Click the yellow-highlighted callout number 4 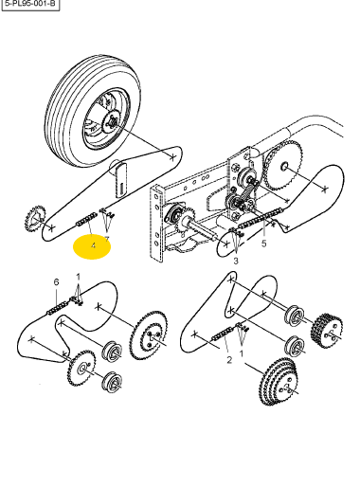tap(93, 245)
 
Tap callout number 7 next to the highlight tap(107, 239)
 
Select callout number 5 tap(263, 244)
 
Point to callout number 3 tap(236, 261)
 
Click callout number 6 tap(56, 281)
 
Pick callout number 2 tap(229, 360)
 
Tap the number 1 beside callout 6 tap(79, 277)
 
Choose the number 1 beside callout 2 tap(242, 353)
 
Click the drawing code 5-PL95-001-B tap(30, 4)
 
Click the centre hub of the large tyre tap(112, 121)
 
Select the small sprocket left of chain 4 tap(35, 219)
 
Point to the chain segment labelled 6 tap(58, 308)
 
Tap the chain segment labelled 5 tap(261, 218)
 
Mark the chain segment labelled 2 tap(224, 334)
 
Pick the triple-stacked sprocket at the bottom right tap(279, 382)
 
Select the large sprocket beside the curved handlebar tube tap(283, 166)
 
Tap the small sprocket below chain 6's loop tap(81, 368)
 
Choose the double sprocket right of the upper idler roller tap(327, 330)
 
